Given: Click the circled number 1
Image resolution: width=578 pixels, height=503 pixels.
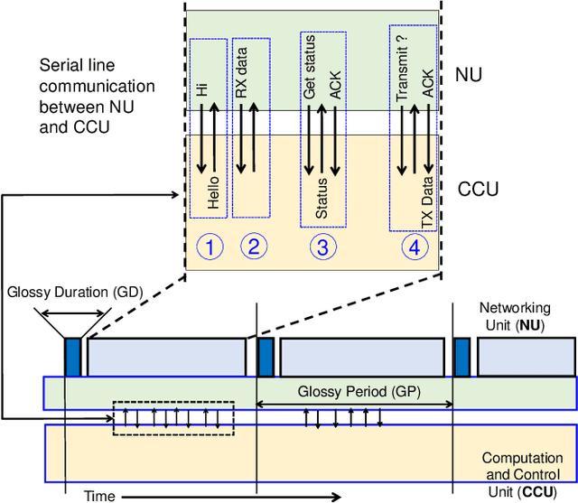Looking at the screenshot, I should (210, 247).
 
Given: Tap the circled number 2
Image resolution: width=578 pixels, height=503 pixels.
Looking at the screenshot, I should (253, 247).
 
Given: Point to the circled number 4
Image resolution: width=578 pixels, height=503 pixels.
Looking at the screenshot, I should (415, 247).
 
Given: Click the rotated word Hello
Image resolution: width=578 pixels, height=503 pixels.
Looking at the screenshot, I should (213, 191).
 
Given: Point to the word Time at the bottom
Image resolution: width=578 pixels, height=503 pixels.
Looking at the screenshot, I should (98, 495).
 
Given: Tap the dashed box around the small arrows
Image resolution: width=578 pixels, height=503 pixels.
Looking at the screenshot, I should (172, 418).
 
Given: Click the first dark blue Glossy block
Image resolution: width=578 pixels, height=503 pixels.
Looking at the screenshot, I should (72, 356).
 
